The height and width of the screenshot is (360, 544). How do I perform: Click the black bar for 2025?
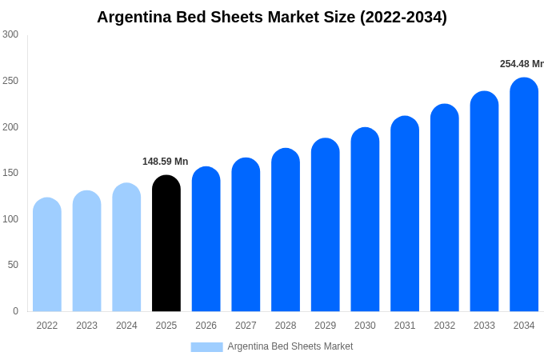click(166, 243)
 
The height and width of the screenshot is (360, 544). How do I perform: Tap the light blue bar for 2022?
click(47, 254)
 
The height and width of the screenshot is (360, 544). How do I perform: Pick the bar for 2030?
click(365, 219)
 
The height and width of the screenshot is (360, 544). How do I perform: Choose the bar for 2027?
click(246, 234)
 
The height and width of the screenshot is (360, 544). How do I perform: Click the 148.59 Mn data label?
click(165, 162)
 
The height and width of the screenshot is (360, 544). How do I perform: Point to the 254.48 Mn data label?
click(521, 64)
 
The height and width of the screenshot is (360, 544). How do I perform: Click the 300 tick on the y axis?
click(10, 34)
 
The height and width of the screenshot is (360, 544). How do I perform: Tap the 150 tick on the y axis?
click(10, 173)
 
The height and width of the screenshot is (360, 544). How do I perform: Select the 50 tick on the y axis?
click(13, 265)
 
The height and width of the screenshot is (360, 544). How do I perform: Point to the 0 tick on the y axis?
click(15, 311)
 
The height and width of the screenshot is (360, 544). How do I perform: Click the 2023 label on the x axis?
click(86, 326)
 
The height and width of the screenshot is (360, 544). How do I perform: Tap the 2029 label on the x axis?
click(325, 326)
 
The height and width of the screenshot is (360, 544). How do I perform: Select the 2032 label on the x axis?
click(444, 326)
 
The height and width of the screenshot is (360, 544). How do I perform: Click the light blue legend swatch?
click(206, 346)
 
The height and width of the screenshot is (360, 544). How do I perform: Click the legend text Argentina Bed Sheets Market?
click(290, 346)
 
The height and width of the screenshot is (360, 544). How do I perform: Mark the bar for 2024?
click(126, 247)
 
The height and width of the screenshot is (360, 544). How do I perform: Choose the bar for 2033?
click(484, 202)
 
